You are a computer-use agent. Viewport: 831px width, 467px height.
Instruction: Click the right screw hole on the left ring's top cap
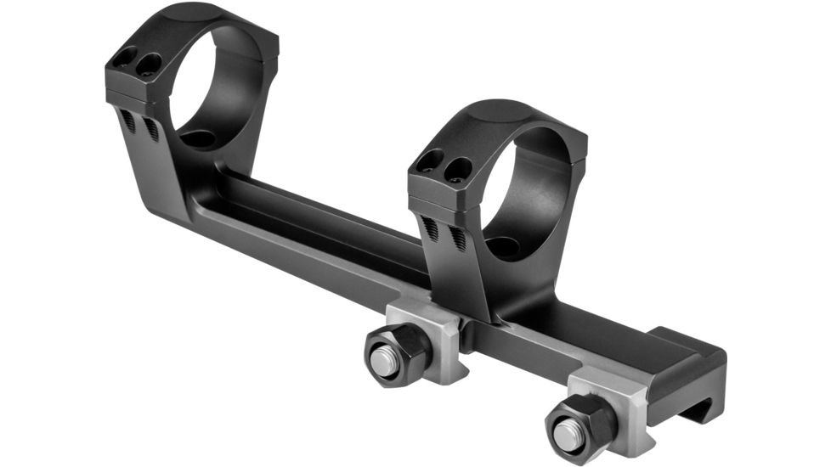pyautogui.click(x=150, y=65)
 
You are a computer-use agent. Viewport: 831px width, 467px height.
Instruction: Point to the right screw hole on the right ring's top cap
pyautogui.click(x=459, y=167)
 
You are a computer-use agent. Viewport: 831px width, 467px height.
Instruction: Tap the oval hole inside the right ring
pyautogui.click(x=505, y=247)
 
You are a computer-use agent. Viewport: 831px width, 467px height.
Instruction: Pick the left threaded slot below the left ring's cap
pyautogui.click(x=128, y=121)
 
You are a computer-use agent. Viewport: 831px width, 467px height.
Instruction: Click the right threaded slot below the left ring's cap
pyautogui.click(x=150, y=128)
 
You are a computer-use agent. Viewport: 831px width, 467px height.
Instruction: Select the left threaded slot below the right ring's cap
pyautogui.click(x=432, y=227)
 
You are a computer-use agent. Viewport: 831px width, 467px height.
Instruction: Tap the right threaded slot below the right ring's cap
pyautogui.click(x=457, y=237)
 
